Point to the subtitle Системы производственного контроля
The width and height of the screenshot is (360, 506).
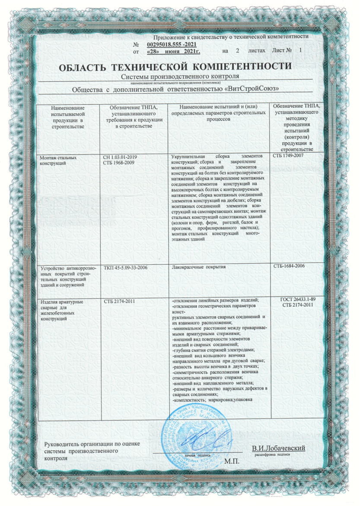(180, 76)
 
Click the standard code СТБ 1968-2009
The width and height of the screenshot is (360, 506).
(118, 162)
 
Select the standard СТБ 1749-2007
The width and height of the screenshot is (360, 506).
(289, 155)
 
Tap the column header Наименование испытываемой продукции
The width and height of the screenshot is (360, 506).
(67, 116)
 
